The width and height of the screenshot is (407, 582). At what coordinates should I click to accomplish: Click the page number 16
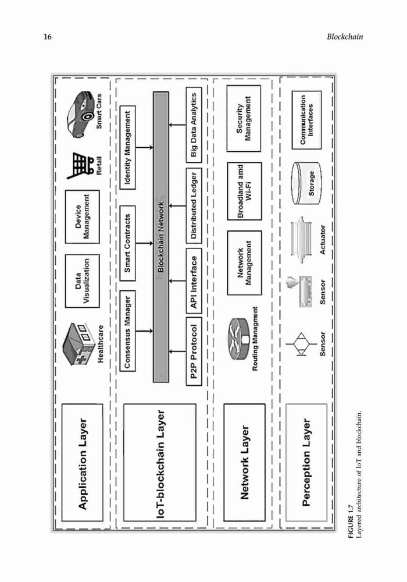coord(48,37)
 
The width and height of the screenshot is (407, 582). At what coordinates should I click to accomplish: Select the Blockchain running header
coord(345,37)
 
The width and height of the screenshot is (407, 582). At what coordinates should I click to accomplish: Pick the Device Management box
coord(83,217)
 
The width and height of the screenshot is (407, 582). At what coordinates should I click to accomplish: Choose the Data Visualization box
coord(83,281)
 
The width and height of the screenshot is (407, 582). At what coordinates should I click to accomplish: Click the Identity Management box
coord(127,147)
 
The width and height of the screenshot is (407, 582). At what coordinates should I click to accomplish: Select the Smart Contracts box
coord(127,243)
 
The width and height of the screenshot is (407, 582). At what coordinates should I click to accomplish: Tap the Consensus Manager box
coord(127,331)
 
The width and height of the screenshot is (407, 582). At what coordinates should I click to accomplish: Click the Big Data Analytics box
coord(194,125)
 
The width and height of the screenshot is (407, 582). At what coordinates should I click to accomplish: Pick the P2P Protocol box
coord(194,351)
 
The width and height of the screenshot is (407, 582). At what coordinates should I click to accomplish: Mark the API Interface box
coord(194,282)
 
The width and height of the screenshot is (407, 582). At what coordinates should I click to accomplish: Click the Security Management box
coord(244,118)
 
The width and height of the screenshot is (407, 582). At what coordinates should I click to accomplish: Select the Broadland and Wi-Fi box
coord(244,191)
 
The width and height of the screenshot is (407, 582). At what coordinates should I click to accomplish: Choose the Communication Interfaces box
coord(306,120)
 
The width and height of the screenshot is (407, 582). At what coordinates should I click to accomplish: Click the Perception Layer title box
coord(306,463)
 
